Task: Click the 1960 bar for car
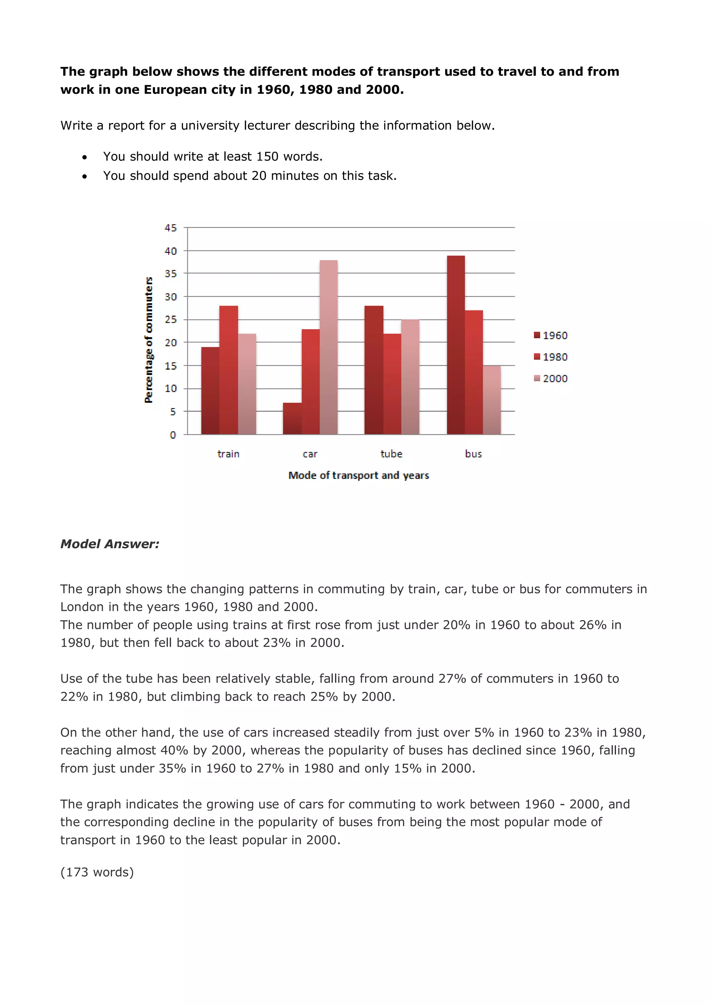[292, 418]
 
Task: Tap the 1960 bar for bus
[455, 345]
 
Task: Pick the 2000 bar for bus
[492, 400]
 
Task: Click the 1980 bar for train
[228, 370]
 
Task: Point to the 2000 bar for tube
[410, 377]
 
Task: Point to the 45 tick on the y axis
[170, 228]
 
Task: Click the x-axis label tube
[391, 454]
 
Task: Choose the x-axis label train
[228, 454]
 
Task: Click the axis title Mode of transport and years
[358, 475]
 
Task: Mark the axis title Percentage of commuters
[149, 340]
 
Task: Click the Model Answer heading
[109, 544]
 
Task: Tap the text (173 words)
[97, 872]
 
